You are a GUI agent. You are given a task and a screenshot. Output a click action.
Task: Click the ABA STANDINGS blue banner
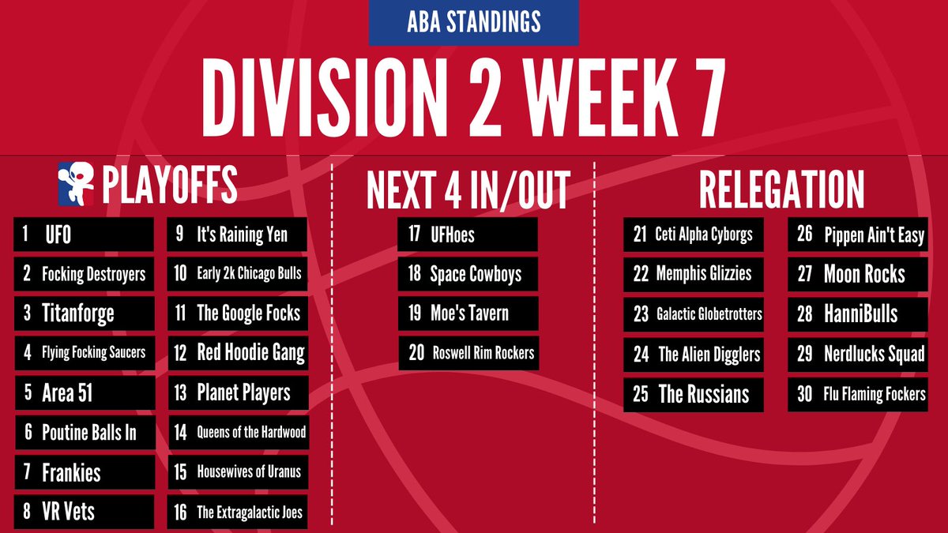point(473,23)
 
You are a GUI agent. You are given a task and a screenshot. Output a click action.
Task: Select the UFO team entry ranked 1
point(84,235)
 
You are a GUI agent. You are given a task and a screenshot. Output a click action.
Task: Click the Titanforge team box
point(84,313)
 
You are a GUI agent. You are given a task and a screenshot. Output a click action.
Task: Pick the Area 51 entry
point(84,392)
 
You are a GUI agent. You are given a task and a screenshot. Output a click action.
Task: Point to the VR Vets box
point(84,511)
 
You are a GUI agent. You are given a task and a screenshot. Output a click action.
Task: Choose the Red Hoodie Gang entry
point(237,353)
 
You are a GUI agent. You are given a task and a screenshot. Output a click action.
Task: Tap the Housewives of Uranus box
point(237,471)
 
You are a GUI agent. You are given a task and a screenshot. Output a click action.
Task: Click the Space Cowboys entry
point(468,274)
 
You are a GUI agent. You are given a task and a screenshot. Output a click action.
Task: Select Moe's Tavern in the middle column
point(468,313)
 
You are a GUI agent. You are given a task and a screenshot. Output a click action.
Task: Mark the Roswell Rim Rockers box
point(468,353)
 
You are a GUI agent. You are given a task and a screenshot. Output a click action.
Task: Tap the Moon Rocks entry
point(858,274)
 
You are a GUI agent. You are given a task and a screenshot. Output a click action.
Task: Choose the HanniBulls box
point(858,313)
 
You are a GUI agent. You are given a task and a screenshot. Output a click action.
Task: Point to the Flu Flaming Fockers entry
point(858,393)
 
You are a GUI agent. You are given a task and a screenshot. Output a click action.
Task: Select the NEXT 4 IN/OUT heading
point(468,190)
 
